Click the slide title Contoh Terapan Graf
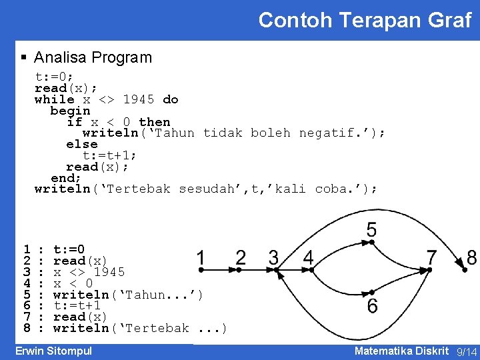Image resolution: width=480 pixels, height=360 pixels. [365, 20]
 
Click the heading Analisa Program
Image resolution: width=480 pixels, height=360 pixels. [93, 58]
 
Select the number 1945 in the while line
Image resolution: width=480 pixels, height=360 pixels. [139, 99]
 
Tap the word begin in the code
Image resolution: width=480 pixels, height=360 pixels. [70, 111]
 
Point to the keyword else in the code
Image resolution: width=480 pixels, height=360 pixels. [82, 144]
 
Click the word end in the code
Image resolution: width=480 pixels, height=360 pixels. [65, 178]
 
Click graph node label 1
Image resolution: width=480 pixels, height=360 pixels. [201, 257]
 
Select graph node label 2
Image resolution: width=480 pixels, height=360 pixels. [241, 257]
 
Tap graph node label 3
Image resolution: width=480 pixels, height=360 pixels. [273, 257]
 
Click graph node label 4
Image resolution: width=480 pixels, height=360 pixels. [308, 257]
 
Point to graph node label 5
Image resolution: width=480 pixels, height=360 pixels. [371, 230]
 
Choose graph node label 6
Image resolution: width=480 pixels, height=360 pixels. [372, 306]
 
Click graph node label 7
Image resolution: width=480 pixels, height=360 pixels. [431, 257]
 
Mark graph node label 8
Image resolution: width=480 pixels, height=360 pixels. [471, 257]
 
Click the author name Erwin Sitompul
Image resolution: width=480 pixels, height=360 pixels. [53, 351]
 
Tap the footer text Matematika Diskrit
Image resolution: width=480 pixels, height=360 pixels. [401, 351]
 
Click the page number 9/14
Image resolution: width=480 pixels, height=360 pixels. [467, 352]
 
